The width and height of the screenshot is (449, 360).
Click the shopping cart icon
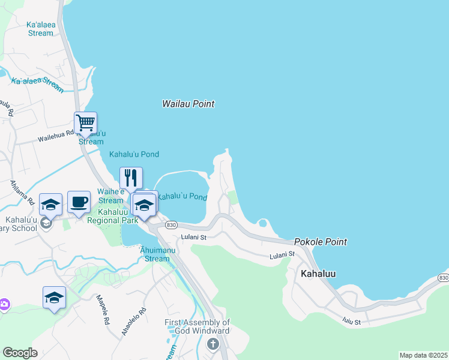85,123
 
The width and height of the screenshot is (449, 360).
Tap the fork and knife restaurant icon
131,178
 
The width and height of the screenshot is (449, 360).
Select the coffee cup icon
79,202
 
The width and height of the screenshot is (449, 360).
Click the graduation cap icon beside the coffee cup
51,205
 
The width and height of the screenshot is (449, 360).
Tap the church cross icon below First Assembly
212,344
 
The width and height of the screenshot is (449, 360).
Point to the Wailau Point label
188,104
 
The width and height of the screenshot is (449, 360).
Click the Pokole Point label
320,242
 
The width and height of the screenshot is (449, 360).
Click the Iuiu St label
352,322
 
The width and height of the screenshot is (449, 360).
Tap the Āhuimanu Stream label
157,254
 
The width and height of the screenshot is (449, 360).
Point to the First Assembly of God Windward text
197,327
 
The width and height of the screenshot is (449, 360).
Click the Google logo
20,353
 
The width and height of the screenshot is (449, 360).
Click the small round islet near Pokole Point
262,224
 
